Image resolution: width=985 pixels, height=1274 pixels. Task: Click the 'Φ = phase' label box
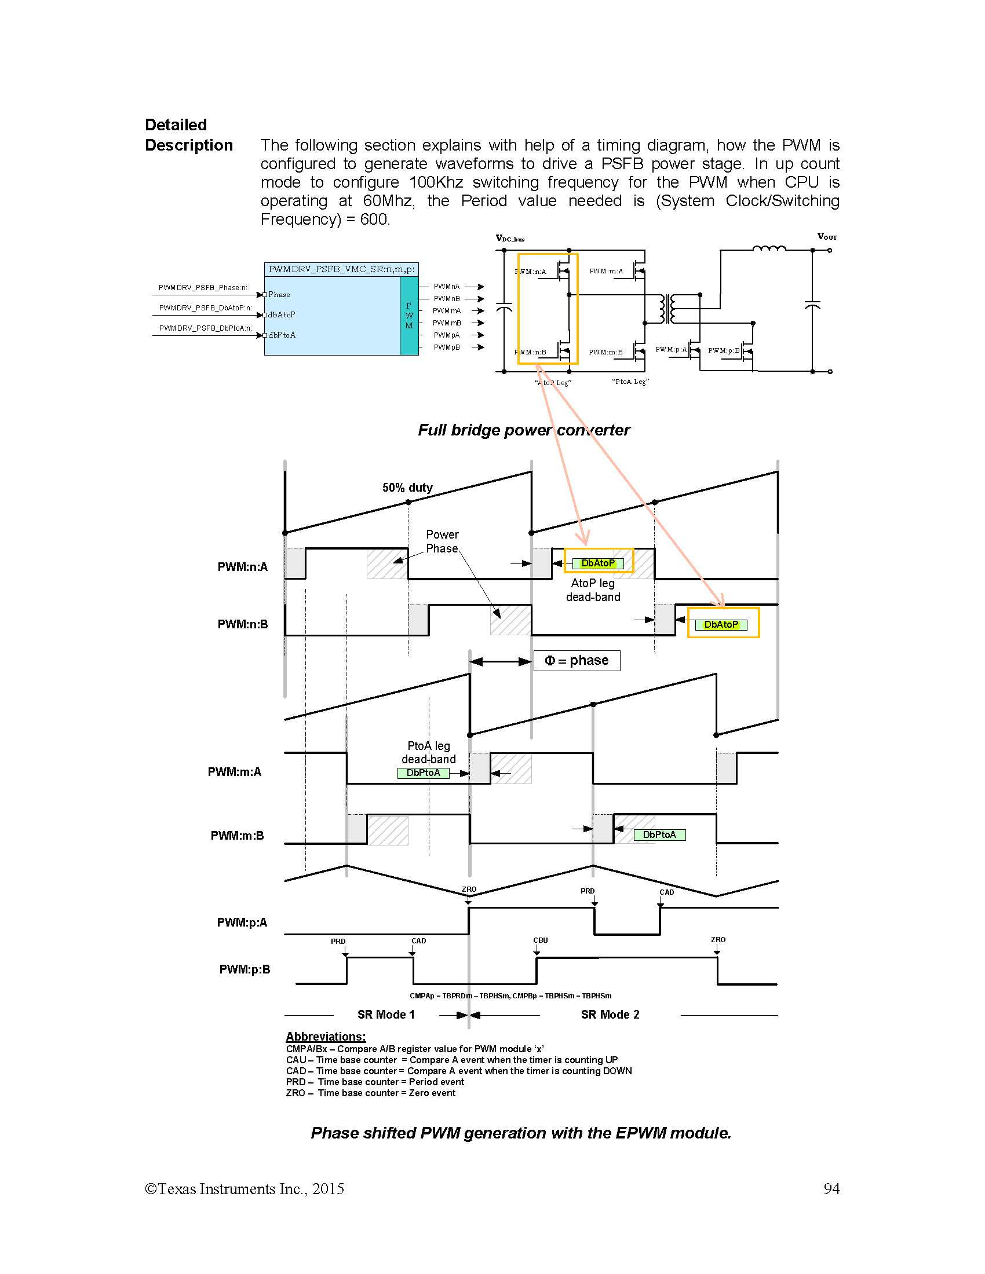pos(577,661)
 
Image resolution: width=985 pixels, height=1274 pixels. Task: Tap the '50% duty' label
pos(407,488)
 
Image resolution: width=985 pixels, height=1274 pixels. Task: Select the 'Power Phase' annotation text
pos(442,541)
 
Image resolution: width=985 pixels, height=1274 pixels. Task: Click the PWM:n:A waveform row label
pos(242,567)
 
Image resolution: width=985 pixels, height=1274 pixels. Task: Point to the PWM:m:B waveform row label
pos(237,835)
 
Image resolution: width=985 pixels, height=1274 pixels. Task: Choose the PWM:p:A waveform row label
pos(242,922)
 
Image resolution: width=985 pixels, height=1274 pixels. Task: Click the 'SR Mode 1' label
pos(386,1015)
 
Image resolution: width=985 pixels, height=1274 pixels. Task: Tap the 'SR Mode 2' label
pos(610,1015)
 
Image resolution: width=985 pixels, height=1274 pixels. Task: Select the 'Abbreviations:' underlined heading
pos(326,1037)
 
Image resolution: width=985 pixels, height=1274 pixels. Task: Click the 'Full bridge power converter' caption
pos(523,430)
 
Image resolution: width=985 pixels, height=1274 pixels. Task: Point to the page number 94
pos(831,1189)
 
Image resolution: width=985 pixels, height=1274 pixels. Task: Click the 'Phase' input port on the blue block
pos(278,295)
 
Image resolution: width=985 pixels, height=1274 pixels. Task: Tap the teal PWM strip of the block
pos(409,316)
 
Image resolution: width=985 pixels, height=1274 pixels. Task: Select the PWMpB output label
pos(446,347)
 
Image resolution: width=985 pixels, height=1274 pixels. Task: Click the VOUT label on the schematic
pos(826,236)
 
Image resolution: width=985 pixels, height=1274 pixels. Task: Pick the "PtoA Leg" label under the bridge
pos(630,382)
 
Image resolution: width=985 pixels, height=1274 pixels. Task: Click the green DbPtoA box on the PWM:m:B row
pos(659,834)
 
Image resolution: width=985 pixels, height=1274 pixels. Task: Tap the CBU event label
pos(541,940)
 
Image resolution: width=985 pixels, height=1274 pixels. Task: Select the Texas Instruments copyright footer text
pos(245,1189)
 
